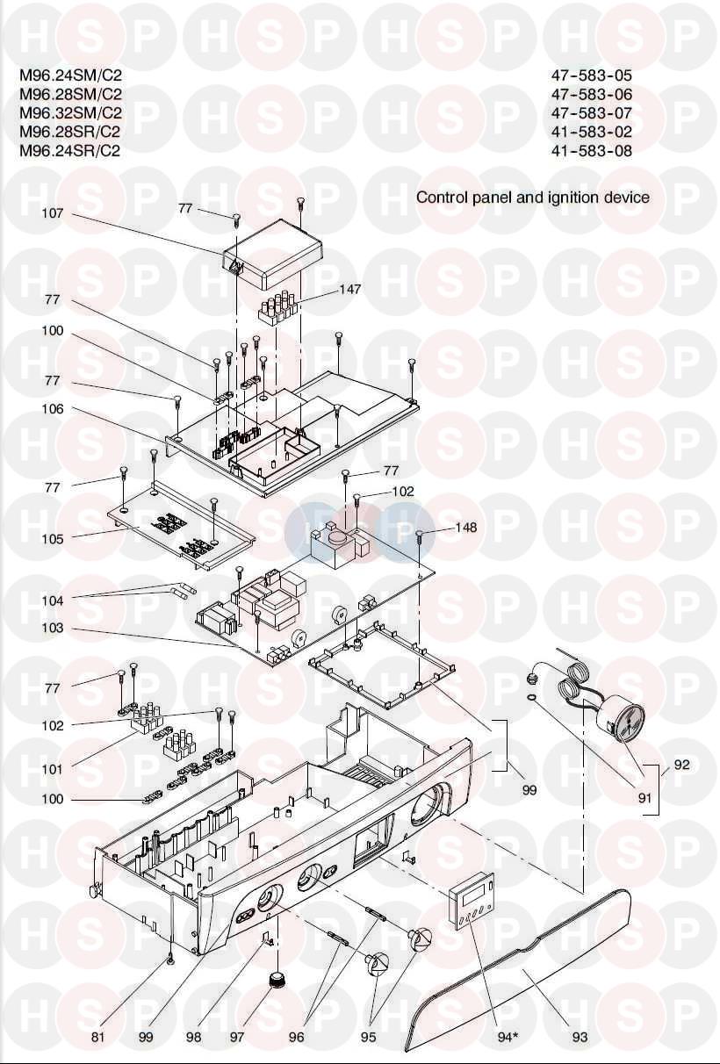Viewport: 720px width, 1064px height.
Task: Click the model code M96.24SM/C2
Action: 70,75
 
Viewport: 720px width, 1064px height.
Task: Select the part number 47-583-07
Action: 591,113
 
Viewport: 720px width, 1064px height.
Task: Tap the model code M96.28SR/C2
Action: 70,132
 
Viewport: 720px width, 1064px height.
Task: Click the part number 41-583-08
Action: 591,150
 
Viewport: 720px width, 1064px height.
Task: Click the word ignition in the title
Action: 573,198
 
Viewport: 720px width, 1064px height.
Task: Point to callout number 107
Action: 54,213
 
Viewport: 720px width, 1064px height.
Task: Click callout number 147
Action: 351,289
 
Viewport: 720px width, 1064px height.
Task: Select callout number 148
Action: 466,528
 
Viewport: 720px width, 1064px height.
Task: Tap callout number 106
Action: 54,409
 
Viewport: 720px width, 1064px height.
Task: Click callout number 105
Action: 54,539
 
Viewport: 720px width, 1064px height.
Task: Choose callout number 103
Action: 54,629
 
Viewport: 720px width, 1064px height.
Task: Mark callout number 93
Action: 580,1037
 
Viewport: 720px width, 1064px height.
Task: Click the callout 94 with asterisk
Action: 508,1037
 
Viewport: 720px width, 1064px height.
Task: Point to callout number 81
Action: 98,1037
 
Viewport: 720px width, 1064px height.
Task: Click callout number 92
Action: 681,765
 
